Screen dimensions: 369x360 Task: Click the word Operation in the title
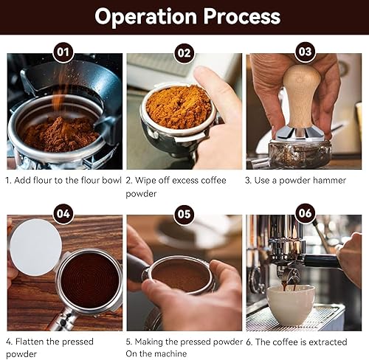tap(145, 17)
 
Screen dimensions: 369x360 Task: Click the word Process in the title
tap(242, 16)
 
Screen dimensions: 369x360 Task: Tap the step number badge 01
tap(63, 52)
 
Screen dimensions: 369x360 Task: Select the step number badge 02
tap(184, 53)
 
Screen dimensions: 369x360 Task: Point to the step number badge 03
tap(305, 52)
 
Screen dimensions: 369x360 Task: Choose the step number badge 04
tap(63, 214)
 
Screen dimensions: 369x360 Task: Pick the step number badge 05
tap(184, 214)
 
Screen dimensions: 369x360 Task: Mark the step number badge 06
tap(305, 213)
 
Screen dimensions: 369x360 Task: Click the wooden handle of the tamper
tap(301, 96)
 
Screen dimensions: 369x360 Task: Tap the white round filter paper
tap(35, 247)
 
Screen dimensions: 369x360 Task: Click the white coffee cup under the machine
tap(291, 305)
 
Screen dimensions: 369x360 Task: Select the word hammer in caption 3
tap(329, 180)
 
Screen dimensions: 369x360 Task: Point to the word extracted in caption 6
tap(328, 342)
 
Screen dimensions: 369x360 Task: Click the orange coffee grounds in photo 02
tap(179, 107)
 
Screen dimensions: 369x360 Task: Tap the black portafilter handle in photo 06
tap(323, 261)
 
